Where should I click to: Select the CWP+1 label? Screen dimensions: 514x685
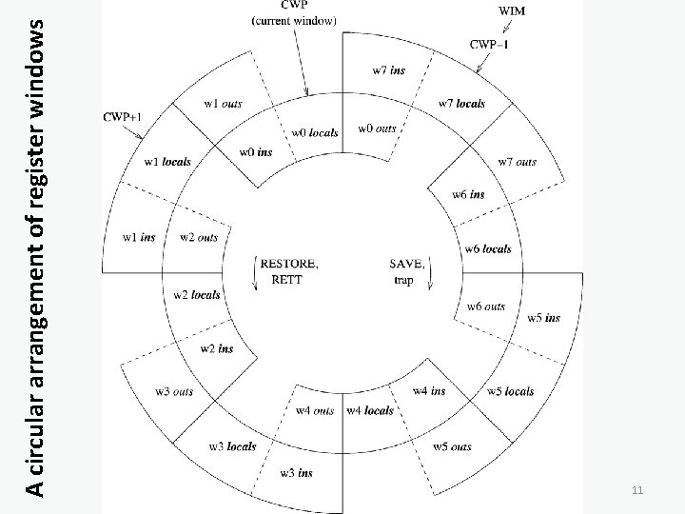click(x=123, y=116)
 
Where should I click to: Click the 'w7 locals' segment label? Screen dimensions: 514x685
click(x=461, y=103)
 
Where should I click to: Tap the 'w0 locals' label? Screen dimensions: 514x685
click(x=314, y=132)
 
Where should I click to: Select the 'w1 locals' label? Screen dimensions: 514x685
click(x=166, y=162)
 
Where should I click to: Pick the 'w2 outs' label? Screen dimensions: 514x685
click(x=199, y=237)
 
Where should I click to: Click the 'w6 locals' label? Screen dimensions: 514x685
click(x=488, y=248)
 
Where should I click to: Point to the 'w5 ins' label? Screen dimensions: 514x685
click(x=544, y=317)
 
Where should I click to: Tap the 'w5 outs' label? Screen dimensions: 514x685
click(x=452, y=446)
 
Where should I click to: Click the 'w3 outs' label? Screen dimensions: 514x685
click(x=174, y=391)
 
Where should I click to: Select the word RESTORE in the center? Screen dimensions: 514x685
click(x=283, y=264)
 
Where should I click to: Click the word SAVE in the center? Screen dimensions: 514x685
click(x=407, y=264)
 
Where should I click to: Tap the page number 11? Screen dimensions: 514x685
click(x=638, y=490)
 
